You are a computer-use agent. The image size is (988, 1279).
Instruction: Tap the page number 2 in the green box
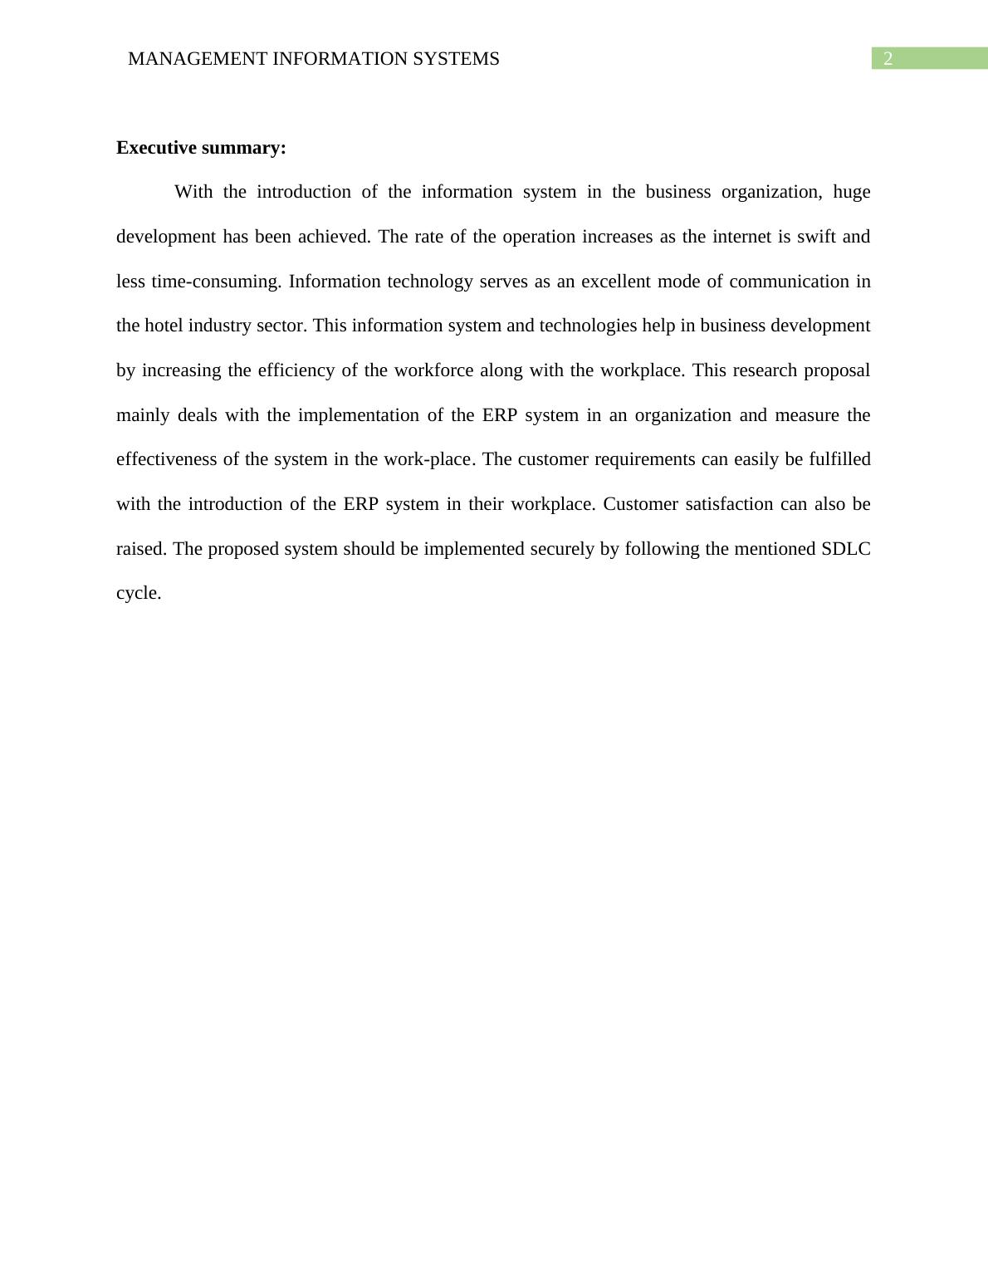[888, 59]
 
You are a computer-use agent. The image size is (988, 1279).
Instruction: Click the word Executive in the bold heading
[154, 148]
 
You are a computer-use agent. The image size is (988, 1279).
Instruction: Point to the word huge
[851, 192]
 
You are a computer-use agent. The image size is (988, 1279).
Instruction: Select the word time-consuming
[216, 282]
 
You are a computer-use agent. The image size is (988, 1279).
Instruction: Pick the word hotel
[164, 326]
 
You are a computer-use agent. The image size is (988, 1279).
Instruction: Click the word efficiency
[296, 370]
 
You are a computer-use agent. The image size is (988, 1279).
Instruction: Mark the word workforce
[433, 370]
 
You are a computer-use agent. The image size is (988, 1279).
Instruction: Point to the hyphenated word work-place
[427, 459]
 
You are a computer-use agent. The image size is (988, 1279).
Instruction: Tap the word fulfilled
[839, 459]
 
